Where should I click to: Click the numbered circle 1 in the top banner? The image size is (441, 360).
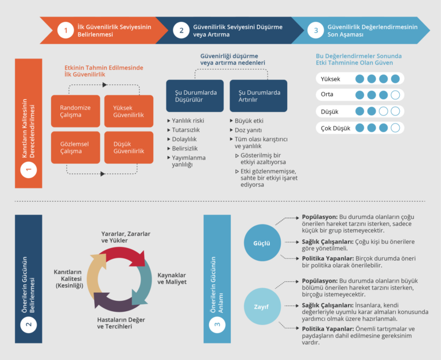65,30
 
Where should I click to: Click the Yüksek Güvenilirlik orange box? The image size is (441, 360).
129,111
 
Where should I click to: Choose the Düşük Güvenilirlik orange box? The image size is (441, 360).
129,148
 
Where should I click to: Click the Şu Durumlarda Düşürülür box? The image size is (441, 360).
195,96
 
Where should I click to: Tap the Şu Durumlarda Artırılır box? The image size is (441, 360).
259,96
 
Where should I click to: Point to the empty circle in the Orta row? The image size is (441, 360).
394,95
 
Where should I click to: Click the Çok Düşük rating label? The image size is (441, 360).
333,127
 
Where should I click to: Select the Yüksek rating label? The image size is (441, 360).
331,79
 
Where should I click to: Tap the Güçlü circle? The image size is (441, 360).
262,242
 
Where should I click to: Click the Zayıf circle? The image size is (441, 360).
262,306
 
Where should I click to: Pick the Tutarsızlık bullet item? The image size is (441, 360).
185,130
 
